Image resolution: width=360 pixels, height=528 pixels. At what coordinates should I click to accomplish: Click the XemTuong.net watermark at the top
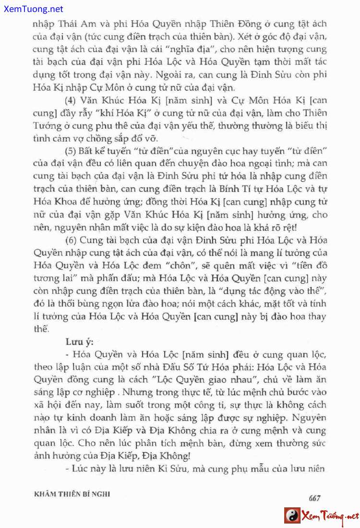coord(32,9)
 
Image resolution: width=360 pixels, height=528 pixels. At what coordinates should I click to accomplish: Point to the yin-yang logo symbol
coord(292,516)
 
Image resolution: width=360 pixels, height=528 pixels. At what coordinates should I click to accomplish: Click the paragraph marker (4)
coord(72,100)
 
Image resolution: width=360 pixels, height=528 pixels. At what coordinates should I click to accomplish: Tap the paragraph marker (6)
coord(72,240)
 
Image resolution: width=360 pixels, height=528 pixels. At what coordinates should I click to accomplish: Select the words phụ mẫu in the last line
coord(259,469)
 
